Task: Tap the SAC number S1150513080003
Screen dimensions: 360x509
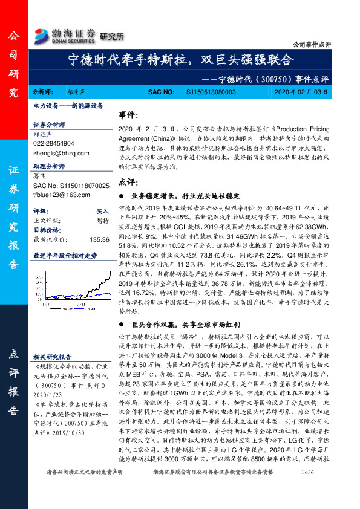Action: [x=210, y=92]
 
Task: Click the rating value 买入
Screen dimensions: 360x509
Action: [x=103, y=212]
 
